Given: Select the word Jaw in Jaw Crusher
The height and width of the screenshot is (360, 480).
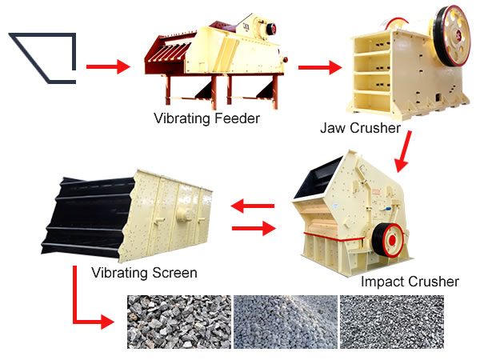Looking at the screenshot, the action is pyautogui.click(x=332, y=128).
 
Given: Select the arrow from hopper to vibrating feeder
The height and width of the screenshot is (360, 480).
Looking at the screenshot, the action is pyautogui.click(x=108, y=66).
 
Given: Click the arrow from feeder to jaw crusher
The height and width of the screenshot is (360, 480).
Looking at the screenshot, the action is pyautogui.click(x=320, y=67).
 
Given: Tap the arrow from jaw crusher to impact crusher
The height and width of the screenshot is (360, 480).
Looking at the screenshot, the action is pyautogui.click(x=403, y=151).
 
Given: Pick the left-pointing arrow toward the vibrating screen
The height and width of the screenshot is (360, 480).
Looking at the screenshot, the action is pyautogui.click(x=253, y=206).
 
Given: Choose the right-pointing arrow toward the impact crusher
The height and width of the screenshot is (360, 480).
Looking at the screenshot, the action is pyautogui.click(x=254, y=228).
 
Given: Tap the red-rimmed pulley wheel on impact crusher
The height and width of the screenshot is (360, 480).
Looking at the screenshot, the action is pyautogui.click(x=387, y=240).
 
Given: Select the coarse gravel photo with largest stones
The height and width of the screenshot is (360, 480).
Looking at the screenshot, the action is pyautogui.click(x=179, y=322).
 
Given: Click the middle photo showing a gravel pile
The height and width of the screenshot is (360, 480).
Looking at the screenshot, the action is pyautogui.click(x=286, y=322).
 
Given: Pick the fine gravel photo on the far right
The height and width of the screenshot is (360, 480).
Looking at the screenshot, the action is pyautogui.click(x=392, y=322).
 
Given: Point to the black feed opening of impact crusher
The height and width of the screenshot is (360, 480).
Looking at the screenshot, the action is pyautogui.click(x=317, y=178).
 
